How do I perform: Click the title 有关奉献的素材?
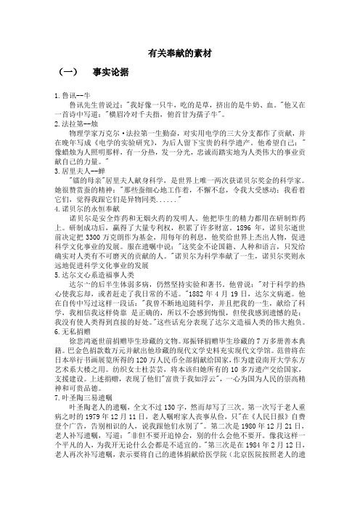[180, 53]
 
